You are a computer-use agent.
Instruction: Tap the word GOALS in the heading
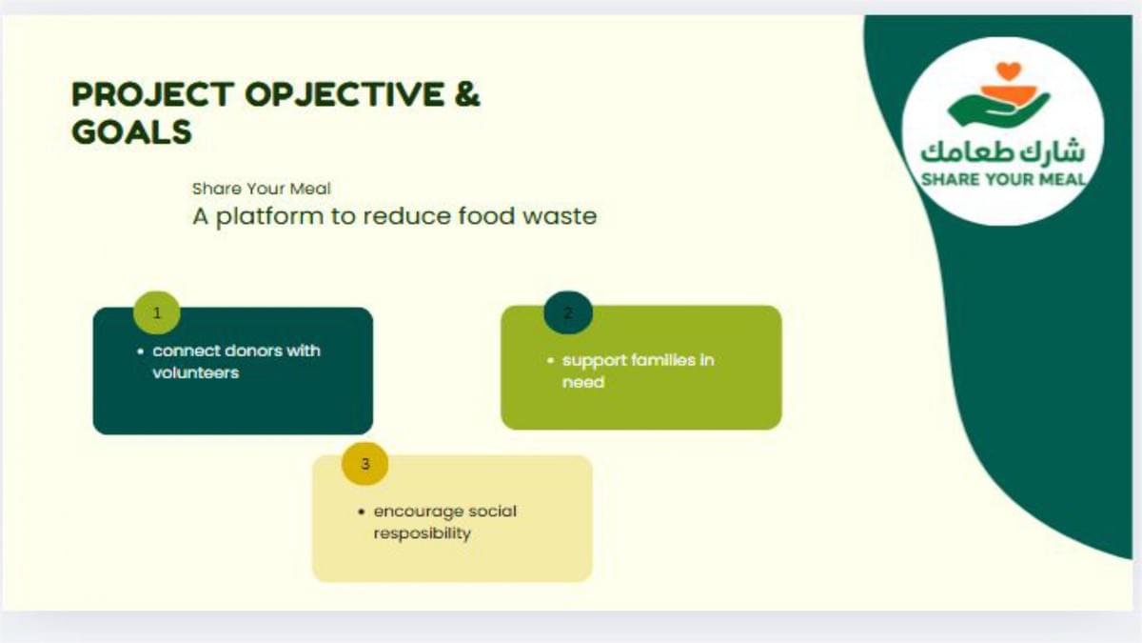click(x=131, y=131)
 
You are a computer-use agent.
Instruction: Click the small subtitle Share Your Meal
click(x=261, y=189)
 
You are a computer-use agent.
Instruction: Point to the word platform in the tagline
click(x=269, y=216)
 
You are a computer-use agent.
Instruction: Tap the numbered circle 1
click(x=156, y=312)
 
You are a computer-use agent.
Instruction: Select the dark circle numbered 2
click(x=568, y=312)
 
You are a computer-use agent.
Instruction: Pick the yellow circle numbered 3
click(x=365, y=463)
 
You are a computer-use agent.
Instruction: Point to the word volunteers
click(x=196, y=373)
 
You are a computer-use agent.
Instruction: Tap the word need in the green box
click(x=583, y=382)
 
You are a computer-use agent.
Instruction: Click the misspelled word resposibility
click(x=423, y=533)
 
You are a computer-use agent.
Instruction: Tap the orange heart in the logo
click(x=1009, y=70)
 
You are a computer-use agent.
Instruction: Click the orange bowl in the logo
click(x=1009, y=95)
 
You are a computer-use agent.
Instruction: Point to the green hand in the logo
click(x=998, y=110)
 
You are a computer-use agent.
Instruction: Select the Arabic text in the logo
click(x=1003, y=151)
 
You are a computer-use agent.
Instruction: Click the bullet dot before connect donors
click(x=141, y=352)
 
